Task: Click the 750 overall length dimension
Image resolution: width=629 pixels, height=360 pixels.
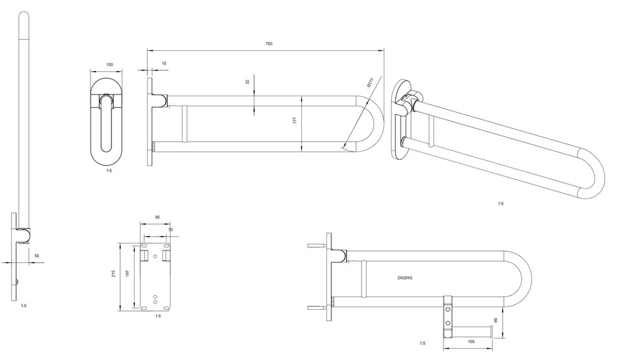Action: click(269, 44)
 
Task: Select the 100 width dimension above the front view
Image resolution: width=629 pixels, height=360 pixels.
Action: click(109, 65)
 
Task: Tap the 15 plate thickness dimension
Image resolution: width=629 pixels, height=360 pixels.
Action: click(164, 64)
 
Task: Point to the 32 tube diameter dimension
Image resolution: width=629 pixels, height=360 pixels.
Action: click(247, 81)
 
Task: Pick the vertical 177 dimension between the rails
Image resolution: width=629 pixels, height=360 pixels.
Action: click(294, 120)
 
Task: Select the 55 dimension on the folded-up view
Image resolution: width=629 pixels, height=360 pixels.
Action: click(37, 256)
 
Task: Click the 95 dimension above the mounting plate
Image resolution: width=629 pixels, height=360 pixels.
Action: click(157, 217)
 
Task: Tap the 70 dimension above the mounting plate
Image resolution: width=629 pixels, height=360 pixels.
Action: click(170, 230)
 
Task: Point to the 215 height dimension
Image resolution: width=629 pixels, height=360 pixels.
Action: click(113, 274)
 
